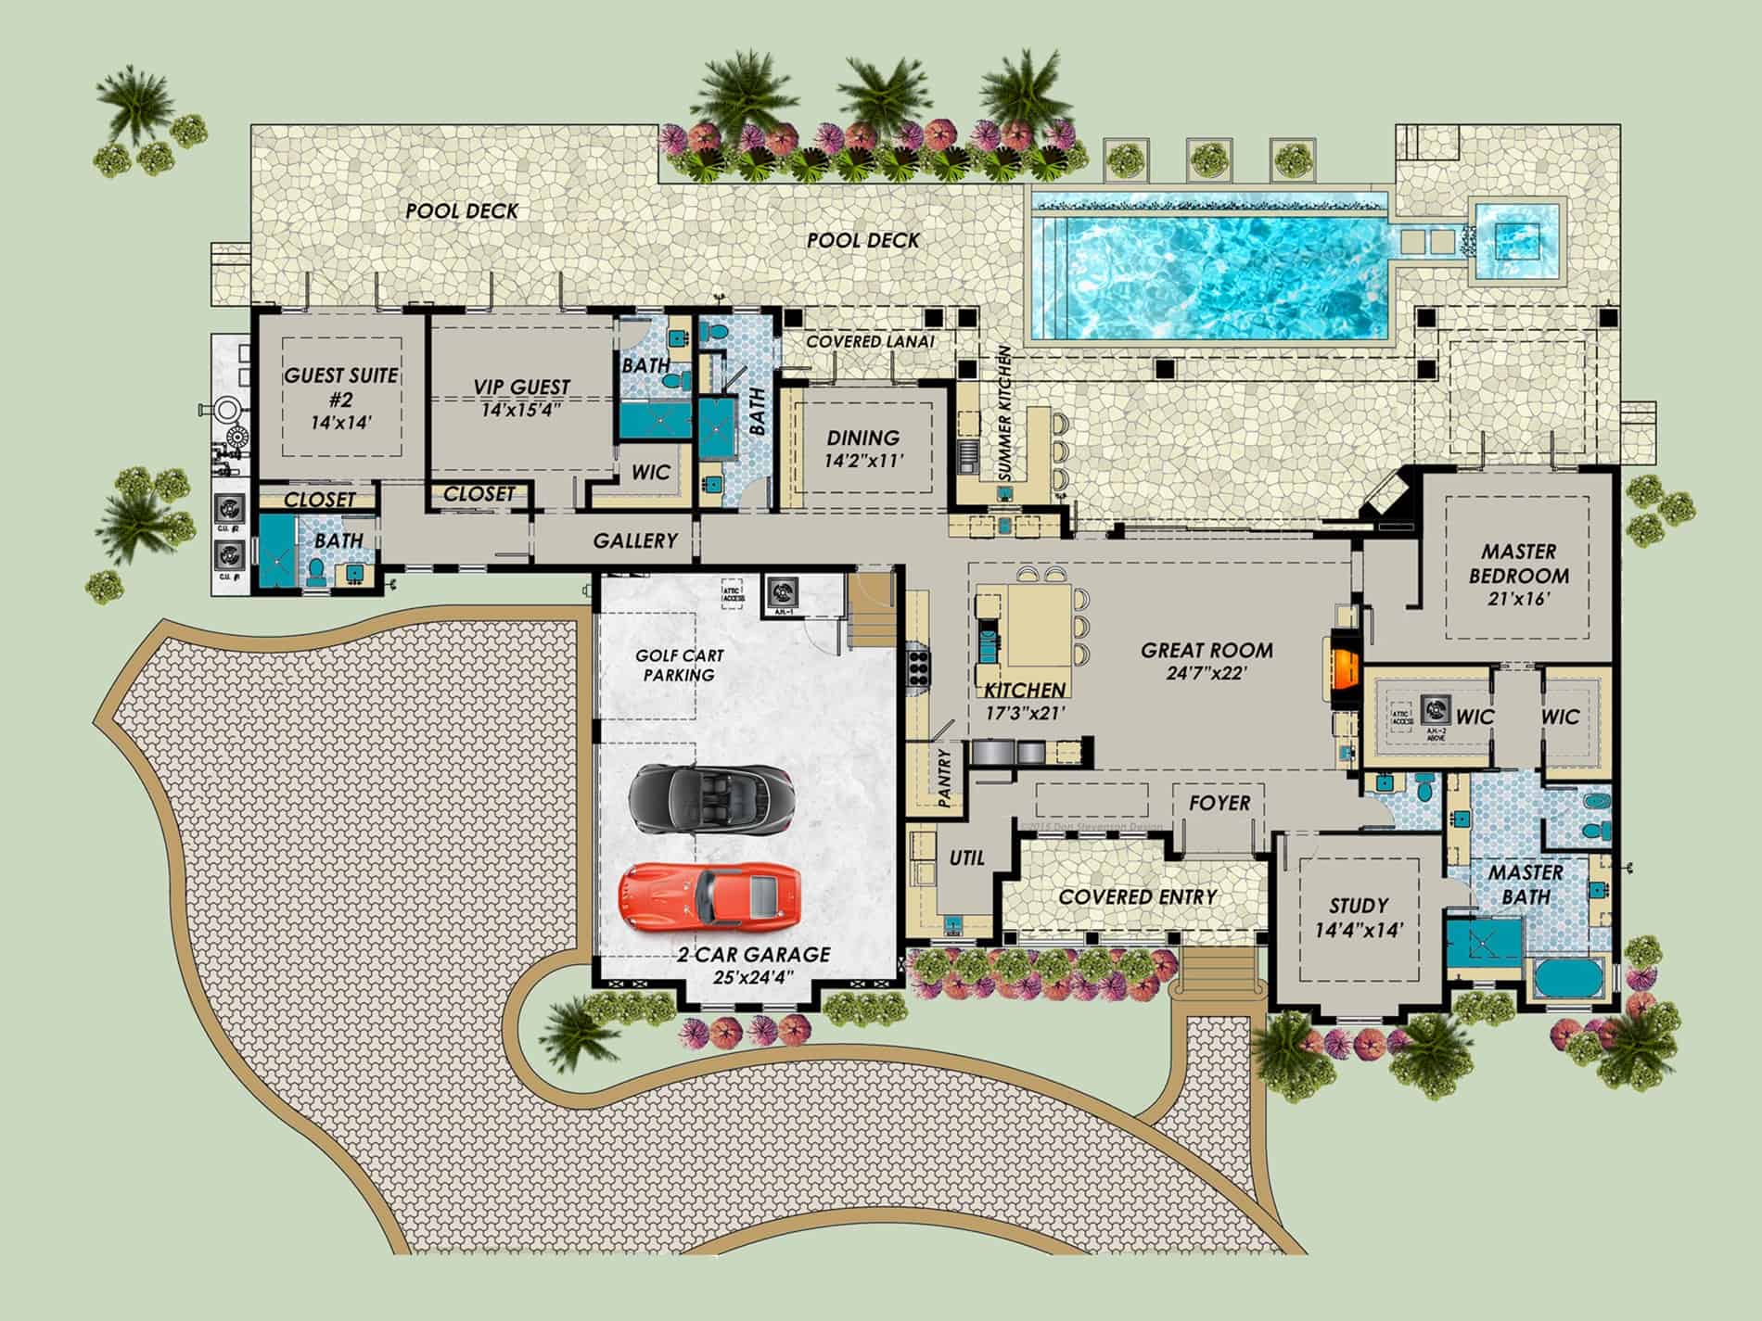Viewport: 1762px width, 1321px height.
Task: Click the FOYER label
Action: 1219,803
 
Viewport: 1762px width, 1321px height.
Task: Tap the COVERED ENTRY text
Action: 1137,896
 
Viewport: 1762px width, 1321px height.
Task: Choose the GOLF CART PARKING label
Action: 679,665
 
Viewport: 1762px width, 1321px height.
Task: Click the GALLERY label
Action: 635,540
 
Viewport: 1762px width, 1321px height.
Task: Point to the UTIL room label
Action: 966,858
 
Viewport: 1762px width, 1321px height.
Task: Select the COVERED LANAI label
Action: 869,341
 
